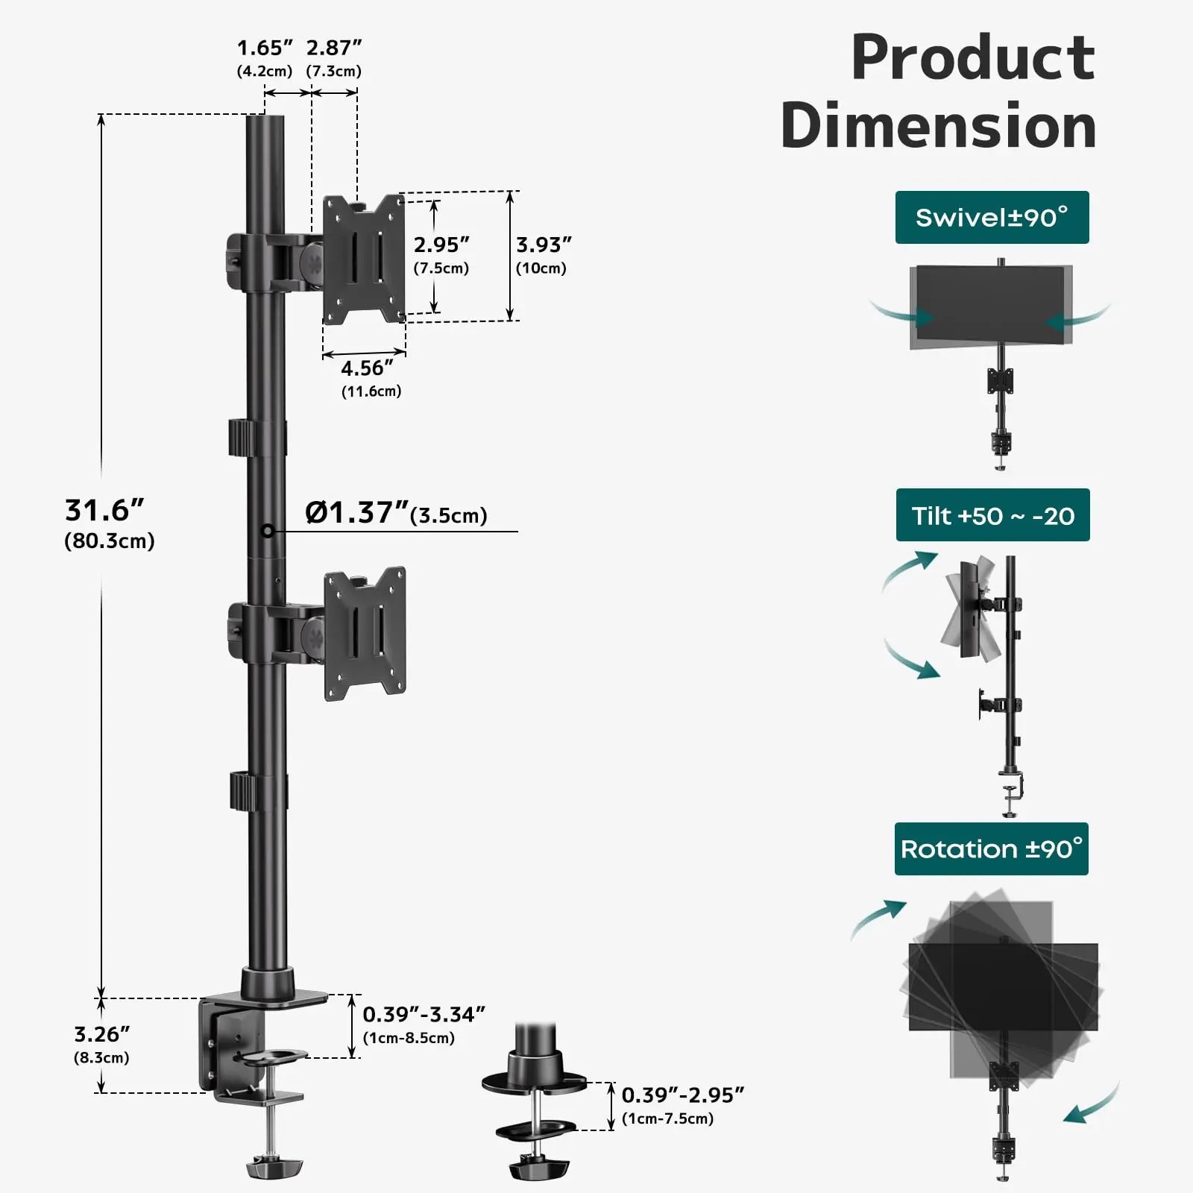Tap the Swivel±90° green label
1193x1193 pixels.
(992, 218)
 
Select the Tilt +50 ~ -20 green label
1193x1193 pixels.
(992, 515)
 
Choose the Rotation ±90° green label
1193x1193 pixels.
(991, 849)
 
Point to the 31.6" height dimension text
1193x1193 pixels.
(104, 511)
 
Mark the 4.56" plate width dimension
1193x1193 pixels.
(366, 368)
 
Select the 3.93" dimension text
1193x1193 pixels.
(544, 245)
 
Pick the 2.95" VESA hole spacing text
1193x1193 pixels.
(441, 245)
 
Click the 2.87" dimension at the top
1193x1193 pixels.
(333, 48)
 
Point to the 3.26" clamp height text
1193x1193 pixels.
(101, 1035)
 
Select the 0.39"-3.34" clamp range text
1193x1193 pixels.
(424, 1015)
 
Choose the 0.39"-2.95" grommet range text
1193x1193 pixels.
(682, 1095)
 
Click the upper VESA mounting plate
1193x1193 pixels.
(364, 259)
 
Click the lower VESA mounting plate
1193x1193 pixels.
(365, 634)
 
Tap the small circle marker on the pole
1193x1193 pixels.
(268, 531)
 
